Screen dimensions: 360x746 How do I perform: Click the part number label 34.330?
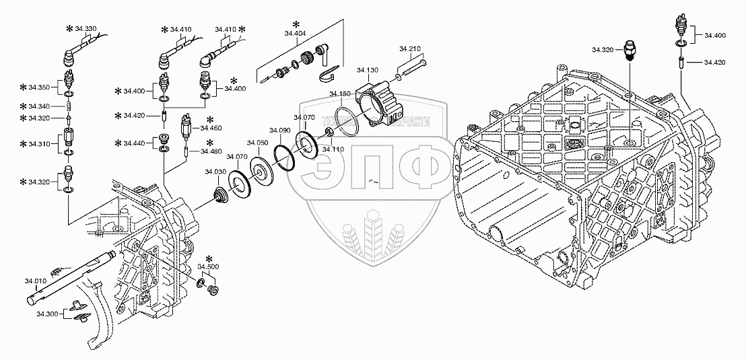click(86, 29)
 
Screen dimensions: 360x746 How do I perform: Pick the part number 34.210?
click(409, 49)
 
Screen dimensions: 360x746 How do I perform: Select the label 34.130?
click(368, 70)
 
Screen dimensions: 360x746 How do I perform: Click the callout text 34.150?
click(340, 94)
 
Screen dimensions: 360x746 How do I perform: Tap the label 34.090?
click(279, 130)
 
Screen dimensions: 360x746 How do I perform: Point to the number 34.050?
click(257, 143)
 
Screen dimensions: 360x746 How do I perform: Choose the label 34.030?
click(215, 172)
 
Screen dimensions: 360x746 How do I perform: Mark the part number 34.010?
click(36, 280)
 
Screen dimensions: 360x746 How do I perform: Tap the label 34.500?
click(209, 268)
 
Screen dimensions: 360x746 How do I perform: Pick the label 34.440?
click(133, 143)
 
